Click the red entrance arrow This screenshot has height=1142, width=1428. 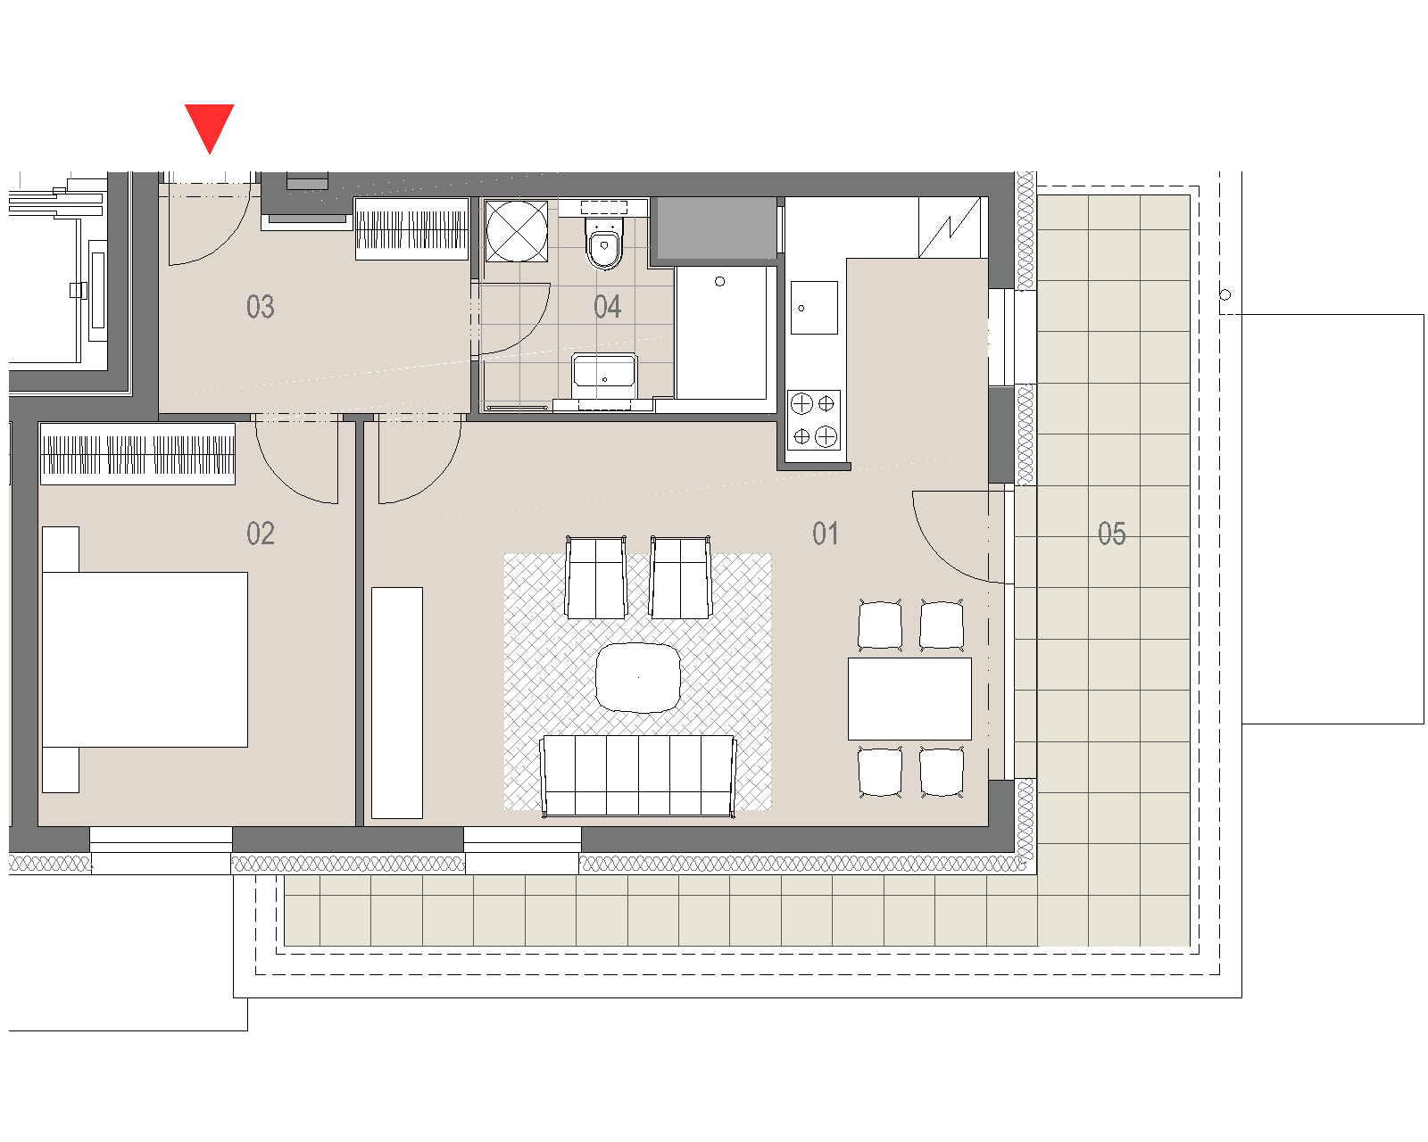pos(209,126)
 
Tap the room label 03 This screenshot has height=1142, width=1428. pos(260,307)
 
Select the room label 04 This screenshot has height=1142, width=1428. pos(607,307)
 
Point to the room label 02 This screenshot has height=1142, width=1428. pos(260,534)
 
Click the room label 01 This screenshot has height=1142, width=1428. pos(826,534)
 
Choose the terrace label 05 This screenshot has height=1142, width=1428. pos(1111,534)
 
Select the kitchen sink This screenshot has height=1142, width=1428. pos(814,308)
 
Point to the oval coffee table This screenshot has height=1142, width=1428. pos(638,677)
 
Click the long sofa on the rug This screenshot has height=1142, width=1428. pos(638,775)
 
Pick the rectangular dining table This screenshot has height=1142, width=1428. pos(909,699)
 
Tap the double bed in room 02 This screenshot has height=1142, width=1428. pos(145,659)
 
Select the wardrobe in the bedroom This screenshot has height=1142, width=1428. pos(138,454)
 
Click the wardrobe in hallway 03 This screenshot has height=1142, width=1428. pos(412,229)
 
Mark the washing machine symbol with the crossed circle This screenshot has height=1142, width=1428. pos(516,231)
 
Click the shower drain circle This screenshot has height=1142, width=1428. pos(720,281)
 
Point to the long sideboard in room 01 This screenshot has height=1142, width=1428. pos(397,703)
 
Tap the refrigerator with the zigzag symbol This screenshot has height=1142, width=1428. pos(950,227)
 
